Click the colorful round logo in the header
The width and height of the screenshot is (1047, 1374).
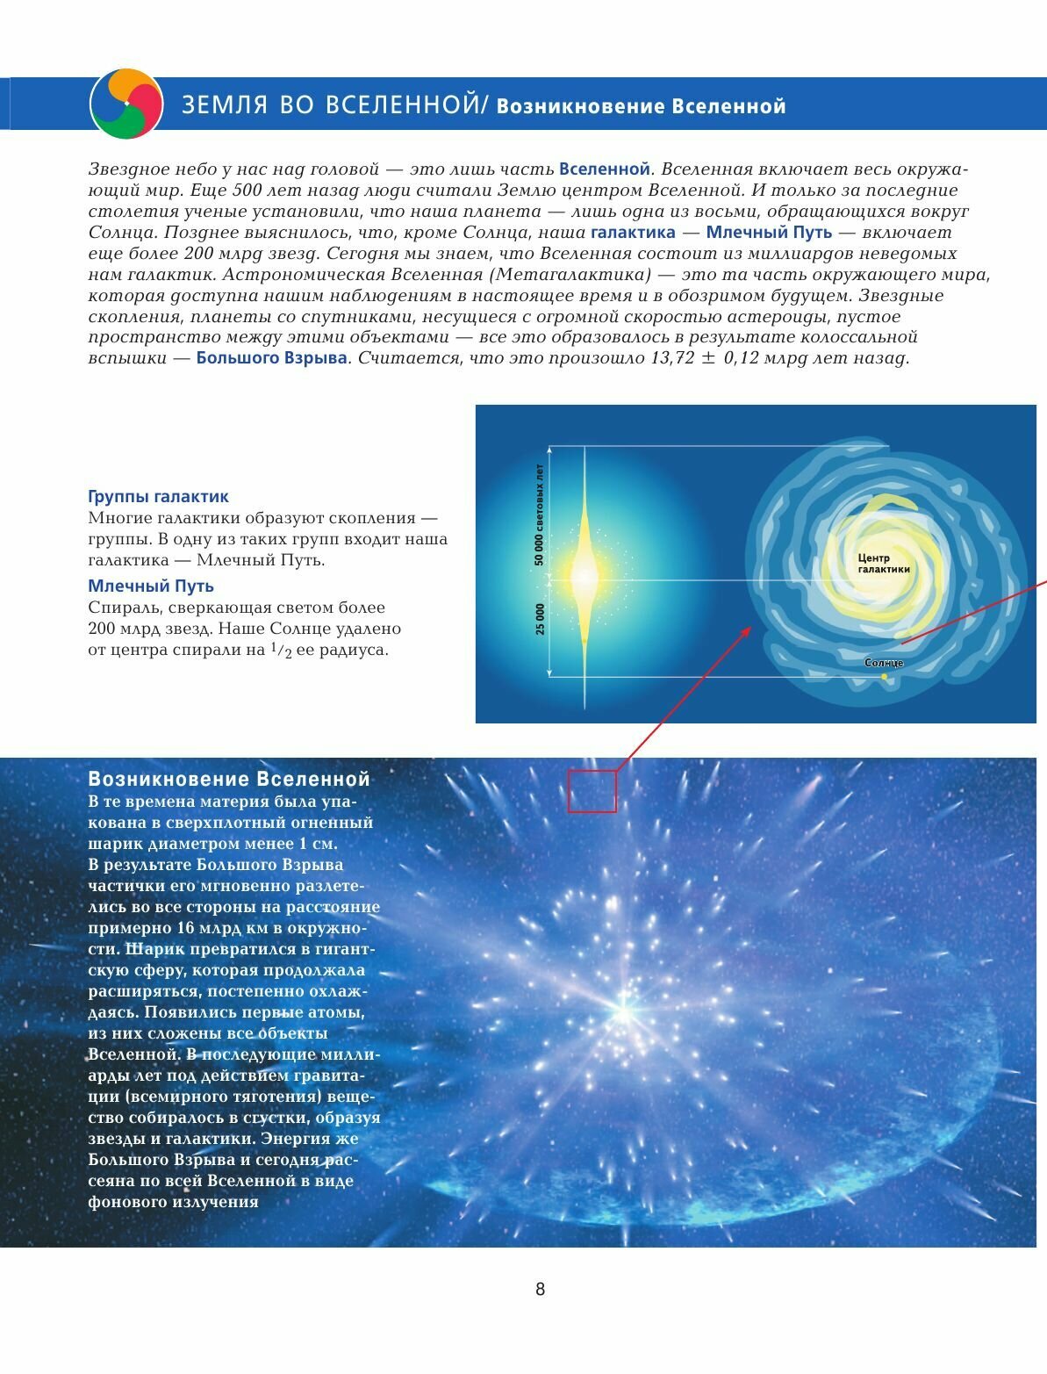coord(126,104)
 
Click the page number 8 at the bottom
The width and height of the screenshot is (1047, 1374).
coord(540,1289)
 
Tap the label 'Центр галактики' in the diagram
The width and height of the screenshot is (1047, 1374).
coord(883,564)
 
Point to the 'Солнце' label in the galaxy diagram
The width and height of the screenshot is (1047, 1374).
coord(883,663)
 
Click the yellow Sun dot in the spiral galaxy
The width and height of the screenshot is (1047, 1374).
coord(885,677)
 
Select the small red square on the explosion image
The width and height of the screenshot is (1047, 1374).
coord(592,791)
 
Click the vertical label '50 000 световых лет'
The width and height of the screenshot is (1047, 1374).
coord(540,514)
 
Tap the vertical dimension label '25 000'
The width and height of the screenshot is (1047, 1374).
coord(540,618)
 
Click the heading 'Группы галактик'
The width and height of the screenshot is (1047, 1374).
coord(158,497)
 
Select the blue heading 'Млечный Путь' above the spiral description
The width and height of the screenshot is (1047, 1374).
coord(151,586)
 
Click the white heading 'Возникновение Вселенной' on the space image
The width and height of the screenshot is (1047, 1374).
coord(229,780)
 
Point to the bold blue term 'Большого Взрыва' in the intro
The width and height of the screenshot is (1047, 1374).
coord(271,358)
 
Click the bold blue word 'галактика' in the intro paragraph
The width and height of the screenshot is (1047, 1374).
coord(633,233)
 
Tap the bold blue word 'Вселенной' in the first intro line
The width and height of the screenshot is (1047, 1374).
coord(604,169)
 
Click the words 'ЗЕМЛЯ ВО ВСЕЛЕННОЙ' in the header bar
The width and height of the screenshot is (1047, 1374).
coord(330,106)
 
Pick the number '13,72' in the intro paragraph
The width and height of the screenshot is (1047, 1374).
coord(672,358)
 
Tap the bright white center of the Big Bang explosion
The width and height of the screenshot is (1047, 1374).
coord(623,1012)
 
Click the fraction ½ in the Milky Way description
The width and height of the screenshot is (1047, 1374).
coord(279,651)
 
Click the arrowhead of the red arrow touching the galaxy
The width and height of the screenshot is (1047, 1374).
coord(748,629)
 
